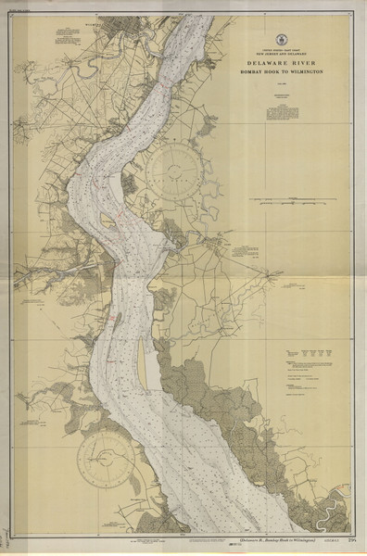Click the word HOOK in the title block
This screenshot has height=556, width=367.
(x=268, y=71)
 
